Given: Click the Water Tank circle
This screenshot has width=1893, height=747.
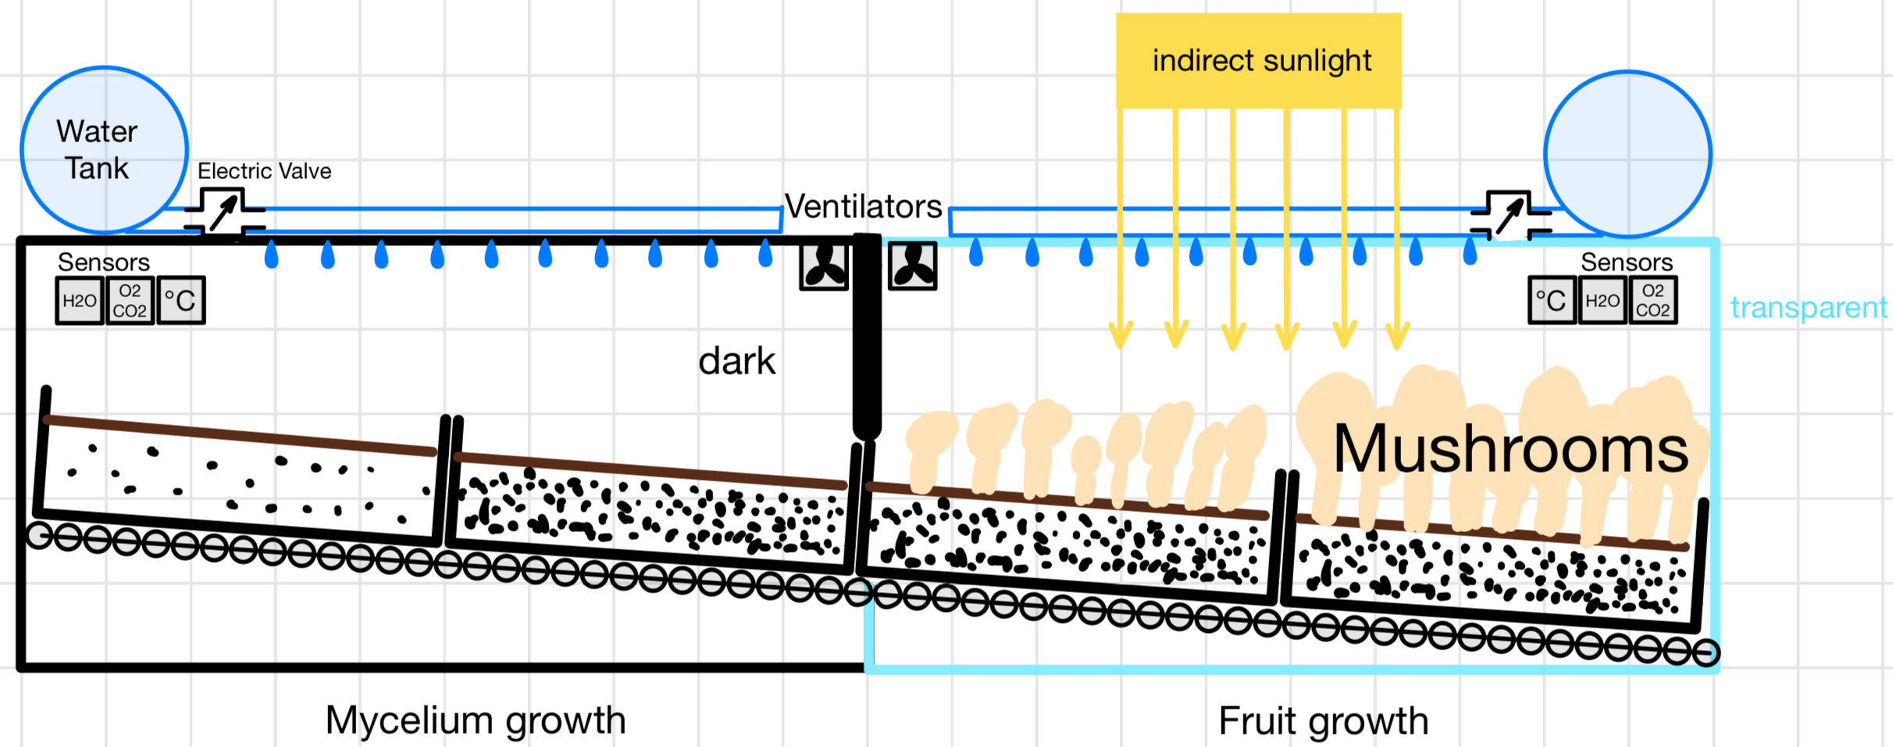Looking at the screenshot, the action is pos(104,149).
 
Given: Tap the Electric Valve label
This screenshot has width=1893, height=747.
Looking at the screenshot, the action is pos(264,171).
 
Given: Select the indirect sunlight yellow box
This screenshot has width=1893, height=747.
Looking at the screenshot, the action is pos(1258,60).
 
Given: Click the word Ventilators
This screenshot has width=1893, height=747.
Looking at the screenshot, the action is pos(863,206).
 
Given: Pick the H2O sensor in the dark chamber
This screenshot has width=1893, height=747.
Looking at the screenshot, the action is pos(80,300).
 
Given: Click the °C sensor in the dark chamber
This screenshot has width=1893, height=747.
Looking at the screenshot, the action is pos(181,300).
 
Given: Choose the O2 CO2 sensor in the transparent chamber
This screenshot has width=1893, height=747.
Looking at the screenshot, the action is pos(1652,300).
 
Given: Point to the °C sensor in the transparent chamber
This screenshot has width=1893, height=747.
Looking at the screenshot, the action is pos(1552,300).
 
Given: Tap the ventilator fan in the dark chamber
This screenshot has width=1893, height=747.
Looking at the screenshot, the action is pos(824,266).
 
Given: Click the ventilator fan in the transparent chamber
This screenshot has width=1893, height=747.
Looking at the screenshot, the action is pos(913,266).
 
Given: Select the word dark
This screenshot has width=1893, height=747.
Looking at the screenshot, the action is pos(736,361).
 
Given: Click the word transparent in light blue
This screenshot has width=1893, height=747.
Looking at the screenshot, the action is pos(1809,307).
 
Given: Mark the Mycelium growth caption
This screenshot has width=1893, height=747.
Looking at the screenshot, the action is pos(476,720).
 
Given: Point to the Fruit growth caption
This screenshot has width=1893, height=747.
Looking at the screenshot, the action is pos(1323,720).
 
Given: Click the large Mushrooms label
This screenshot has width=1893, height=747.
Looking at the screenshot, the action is pos(1510,449).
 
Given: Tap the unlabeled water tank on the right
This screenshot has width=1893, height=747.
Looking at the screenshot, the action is pos(1627,154).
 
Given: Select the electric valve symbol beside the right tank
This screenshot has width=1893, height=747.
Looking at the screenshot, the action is pos(1510,214).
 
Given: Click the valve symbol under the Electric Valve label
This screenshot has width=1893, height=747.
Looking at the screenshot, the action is pos(224,212).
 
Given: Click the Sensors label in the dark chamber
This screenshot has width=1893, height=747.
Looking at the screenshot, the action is pos(104,262).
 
